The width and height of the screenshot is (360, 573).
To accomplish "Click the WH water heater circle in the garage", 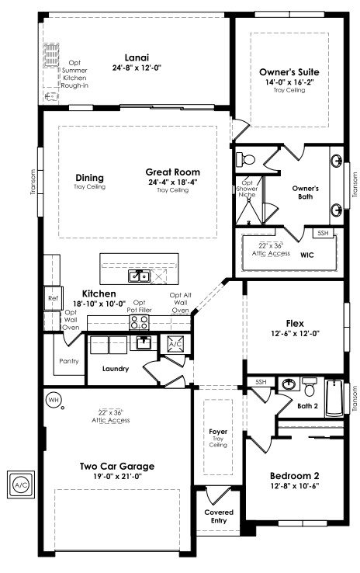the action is (x=54, y=400).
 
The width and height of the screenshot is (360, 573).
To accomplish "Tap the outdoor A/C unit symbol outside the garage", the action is (x=21, y=484).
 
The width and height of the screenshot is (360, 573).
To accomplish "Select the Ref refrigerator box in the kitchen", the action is (x=54, y=298).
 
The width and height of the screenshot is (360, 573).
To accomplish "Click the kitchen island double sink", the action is (x=139, y=276).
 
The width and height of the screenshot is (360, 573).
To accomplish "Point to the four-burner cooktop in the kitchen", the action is (x=140, y=322).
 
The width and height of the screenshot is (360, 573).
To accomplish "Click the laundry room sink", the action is (x=144, y=342).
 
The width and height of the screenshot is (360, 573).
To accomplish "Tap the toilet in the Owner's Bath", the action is (x=245, y=159).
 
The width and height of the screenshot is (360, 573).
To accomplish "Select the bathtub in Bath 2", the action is (x=334, y=398).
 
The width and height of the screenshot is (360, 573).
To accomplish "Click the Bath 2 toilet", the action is (x=310, y=387).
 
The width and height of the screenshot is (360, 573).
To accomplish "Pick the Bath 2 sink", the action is (x=289, y=384).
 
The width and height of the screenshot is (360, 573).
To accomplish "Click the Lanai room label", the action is (x=137, y=57).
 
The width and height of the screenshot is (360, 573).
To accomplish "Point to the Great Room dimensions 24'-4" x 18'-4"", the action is (x=173, y=182).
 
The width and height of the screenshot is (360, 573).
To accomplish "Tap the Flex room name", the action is (x=295, y=324).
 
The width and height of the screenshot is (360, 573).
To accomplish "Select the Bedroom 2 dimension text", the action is (x=295, y=486).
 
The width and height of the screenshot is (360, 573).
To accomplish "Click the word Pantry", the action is (x=68, y=361).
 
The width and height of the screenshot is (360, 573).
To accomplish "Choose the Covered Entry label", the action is (x=219, y=516).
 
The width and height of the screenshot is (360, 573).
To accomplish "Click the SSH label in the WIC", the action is (x=323, y=233).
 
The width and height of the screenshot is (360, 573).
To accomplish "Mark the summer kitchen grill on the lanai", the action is (x=51, y=55).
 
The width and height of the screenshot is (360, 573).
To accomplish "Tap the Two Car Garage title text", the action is (x=117, y=467).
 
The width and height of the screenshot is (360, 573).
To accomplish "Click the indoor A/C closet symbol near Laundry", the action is (x=175, y=344).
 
